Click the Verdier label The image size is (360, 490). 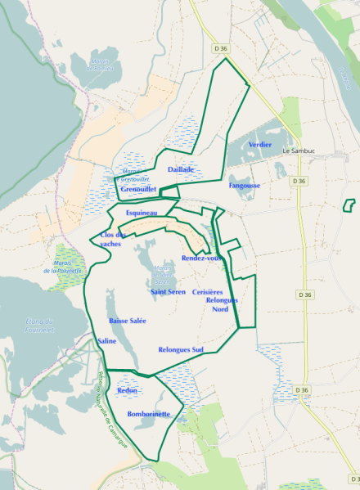pos(260,144)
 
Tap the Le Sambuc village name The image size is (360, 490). pos(298,151)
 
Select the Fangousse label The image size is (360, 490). pos(245,186)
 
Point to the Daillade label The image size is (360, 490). pos(181,169)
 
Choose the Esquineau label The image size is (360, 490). pos(142,213)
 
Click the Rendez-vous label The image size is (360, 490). pos(202,258)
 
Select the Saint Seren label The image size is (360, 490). pos(169,292)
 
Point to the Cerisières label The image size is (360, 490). pos(208,292)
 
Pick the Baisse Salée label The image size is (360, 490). pos(127,321)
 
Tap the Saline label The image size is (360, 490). pos(107,340)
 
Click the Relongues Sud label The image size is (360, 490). pos(180,349)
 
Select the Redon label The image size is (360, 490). pos(128,391)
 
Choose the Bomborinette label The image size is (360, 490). pos(149,414)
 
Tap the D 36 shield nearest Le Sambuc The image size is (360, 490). pos(298,181)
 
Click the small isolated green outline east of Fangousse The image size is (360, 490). pos(349,205)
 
